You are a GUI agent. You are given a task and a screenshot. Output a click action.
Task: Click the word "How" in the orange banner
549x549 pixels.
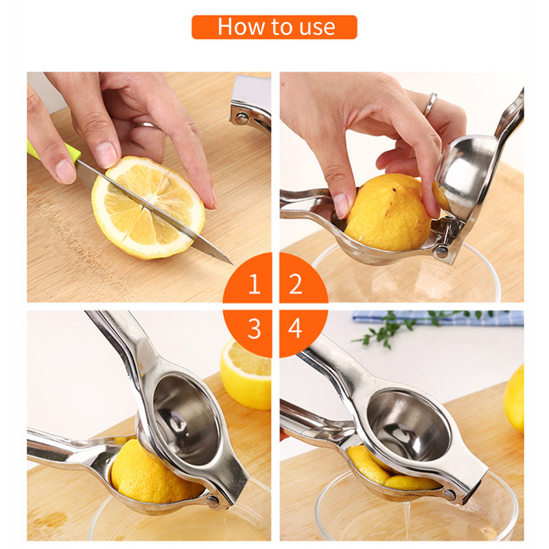(241, 27)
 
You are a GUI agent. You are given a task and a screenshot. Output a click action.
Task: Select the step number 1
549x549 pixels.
(255, 283)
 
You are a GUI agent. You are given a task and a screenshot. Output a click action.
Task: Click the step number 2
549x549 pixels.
(296, 283)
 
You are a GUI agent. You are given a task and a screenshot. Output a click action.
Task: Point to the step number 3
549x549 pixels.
(254, 329)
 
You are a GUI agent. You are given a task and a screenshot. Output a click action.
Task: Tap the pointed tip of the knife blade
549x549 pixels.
(232, 264)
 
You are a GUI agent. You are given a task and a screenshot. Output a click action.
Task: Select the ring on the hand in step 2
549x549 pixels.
(430, 104)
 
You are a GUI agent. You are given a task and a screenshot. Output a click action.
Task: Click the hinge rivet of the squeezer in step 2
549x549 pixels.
(442, 250)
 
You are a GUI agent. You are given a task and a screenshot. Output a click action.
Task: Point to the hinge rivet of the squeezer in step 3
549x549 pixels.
(213, 500)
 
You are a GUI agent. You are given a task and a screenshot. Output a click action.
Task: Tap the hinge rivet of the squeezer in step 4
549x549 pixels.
(449, 495)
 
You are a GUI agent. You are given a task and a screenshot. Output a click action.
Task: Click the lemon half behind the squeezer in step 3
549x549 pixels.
(246, 373)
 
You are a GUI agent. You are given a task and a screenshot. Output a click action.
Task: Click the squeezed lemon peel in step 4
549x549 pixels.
(388, 471)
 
